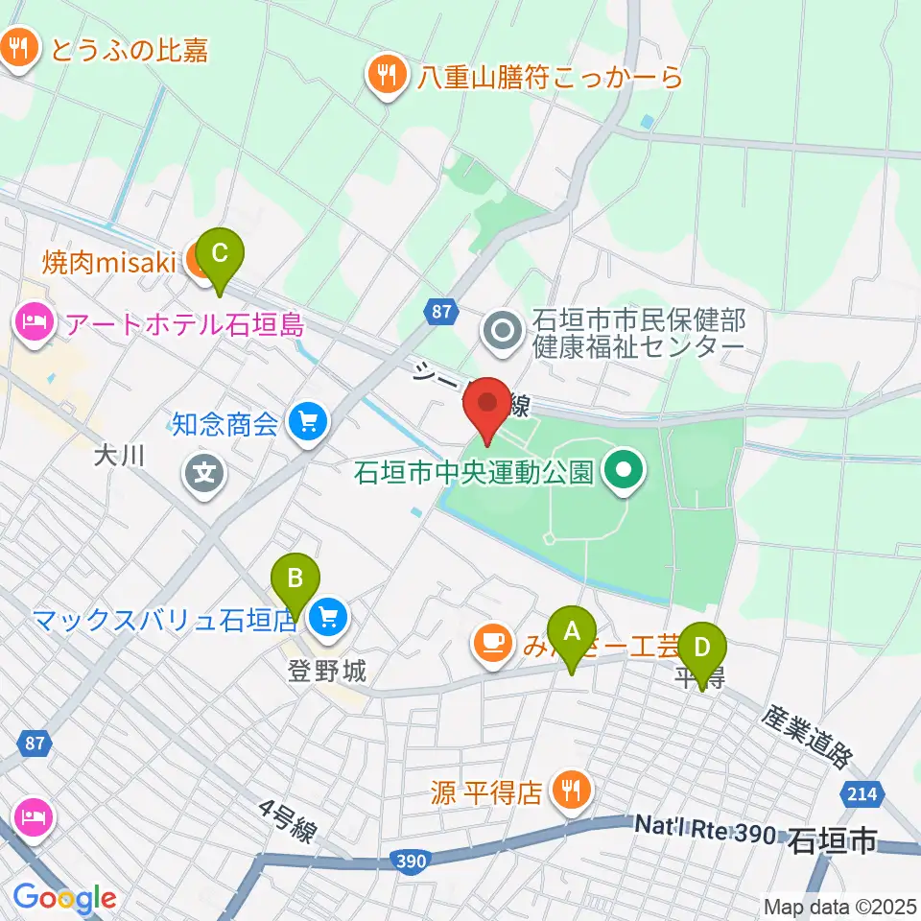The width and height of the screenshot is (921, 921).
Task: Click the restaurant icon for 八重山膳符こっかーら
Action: (x=386, y=76)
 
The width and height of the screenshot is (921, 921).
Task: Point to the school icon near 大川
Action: (x=204, y=471)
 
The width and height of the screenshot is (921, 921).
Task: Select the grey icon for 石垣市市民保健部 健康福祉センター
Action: (x=502, y=332)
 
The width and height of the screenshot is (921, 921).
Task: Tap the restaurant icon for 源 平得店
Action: (x=572, y=791)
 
